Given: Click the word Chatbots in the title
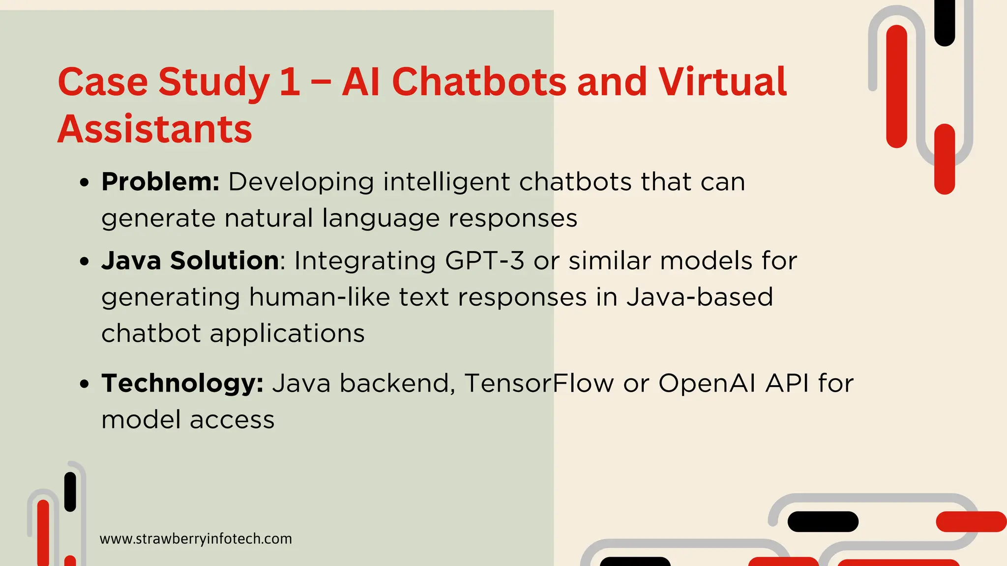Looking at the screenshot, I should pyautogui.click(x=479, y=82).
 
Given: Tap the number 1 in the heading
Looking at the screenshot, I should pyautogui.click(x=290, y=82).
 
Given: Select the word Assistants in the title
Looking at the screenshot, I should pyautogui.click(x=155, y=129).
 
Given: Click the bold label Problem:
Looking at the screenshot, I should pyautogui.click(x=160, y=182).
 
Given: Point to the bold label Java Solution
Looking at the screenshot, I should pyautogui.click(x=190, y=260).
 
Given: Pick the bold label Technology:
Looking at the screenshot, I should pyautogui.click(x=182, y=383).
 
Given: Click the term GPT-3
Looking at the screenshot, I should pyautogui.click(x=485, y=260).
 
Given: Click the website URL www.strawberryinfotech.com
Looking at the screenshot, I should pyautogui.click(x=196, y=539).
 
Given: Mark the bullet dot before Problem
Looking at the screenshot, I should pyautogui.click(x=85, y=183).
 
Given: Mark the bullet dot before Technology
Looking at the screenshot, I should pyautogui.click(x=85, y=384).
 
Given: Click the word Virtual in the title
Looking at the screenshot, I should pyautogui.click(x=723, y=82).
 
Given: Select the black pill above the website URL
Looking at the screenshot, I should pyautogui.click(x=70, y=492).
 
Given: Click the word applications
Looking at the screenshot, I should pyautogui.click(x=287, y=333).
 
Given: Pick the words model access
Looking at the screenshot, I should pyautogui.click(x=188, y=420).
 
